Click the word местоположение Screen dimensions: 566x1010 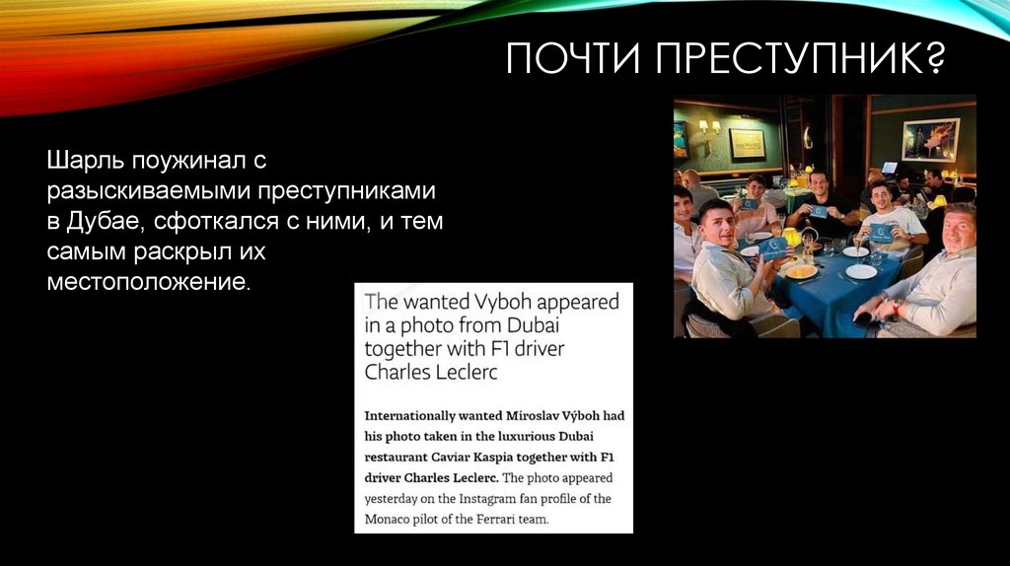[x=148, y=284]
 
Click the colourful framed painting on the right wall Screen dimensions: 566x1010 [x=929, y=138]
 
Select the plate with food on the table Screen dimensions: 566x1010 [x=801, y=270]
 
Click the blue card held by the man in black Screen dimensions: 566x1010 [x=818, y=211]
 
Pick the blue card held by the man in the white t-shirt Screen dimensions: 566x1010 [x=880, y=232]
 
